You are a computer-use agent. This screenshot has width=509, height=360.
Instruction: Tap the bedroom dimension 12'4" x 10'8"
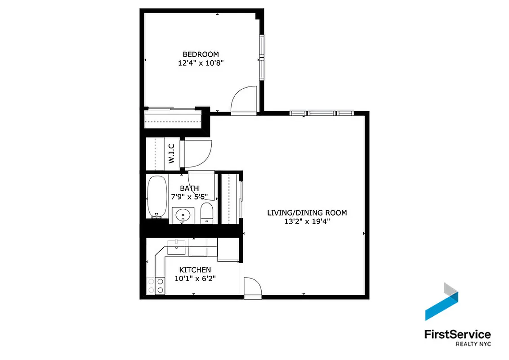pos(201,63)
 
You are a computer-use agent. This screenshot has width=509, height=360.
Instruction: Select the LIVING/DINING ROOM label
pos(307,212)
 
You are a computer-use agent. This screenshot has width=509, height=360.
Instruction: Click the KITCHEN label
pos(195,270)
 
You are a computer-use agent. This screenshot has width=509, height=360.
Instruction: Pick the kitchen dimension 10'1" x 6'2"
pos(195,279)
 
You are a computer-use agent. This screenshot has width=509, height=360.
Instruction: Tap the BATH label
pos(189,188)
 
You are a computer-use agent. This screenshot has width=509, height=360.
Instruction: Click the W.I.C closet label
pos(171,153)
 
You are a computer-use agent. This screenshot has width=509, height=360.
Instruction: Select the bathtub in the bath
pos(156,197)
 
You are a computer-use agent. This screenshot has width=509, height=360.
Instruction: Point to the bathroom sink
pos(183,215)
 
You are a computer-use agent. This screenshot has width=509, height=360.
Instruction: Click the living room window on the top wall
pos(320,113)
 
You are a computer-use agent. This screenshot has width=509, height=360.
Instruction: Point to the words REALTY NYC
pos(473,344)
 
